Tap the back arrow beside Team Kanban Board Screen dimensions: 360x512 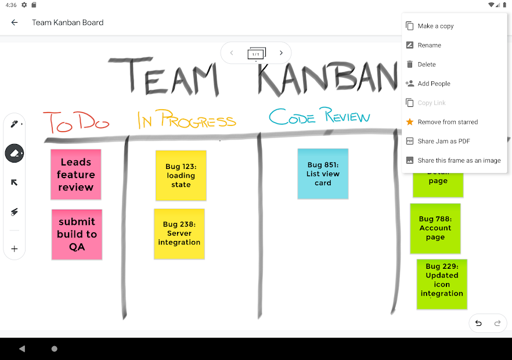pyautogui.click(x=15, y=23)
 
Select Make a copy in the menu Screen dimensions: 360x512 pyautogui.click(x=435, y=26)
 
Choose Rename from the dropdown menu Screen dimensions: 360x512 pyautogui.click(x=429, y=45)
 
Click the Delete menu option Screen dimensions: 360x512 pyautogui.click(x=426, y=64)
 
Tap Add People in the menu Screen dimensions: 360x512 pyautogui.click(x=434, y=84)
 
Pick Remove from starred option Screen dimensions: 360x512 pyautogui.click(x=448, y=122)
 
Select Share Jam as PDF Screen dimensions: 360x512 pyautogui.click(x=444, y=141)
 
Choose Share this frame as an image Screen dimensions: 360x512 pyautogui.click(x=459, y=160)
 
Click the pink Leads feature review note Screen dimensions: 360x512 pyautogui.click(x=75, y=175)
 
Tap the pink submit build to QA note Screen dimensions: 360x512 pyautogui.click(x=77, y=234)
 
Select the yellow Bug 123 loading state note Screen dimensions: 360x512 pyautogui.click(x=181, y=175)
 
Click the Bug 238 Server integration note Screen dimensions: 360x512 pyautogui.click(x=179, y=233)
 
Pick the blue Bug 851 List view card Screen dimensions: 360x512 pyautogui.click(x=323, y=174)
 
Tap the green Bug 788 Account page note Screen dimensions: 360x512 pyautogui.click(x=435, y=228)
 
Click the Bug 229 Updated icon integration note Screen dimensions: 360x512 pyautogui.click(x=442, y=285)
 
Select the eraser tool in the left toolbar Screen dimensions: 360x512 pyautogui.click(x=15, y=153)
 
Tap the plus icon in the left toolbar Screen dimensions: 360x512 pyautogui.click(x=15, y=249)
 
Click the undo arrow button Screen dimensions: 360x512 pyautogui.click(x=478, y=323)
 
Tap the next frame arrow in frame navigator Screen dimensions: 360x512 pyautogui.click(x=281, y=53)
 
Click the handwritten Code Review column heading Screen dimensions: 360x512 pyautogui.click(x=319, y=117)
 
